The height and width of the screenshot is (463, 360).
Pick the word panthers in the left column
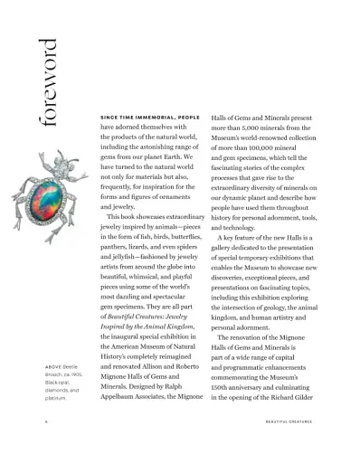pyautogui.click(x=121, y=243)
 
